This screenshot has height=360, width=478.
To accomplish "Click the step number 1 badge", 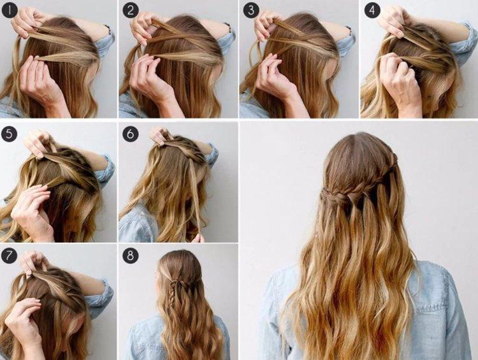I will [x=11, y=11].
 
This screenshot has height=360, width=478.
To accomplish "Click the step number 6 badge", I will [x=130, y=134].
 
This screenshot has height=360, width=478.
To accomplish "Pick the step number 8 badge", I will [x=130, y=256].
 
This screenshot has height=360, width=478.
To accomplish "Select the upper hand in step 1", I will [x=28, y=23].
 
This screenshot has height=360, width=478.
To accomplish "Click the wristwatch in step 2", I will [x=228, y=28].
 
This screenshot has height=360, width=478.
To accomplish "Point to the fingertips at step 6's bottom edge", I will [x=198, y=238].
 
